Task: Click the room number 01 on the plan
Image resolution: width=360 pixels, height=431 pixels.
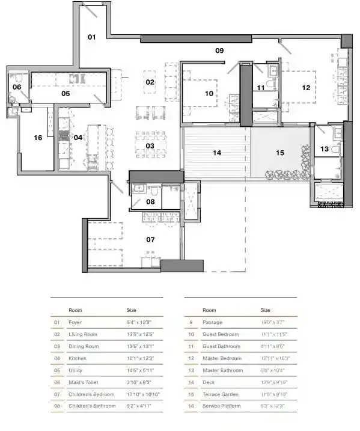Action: tap(92, 37)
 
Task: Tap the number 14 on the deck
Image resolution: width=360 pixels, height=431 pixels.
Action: tap(217, 153)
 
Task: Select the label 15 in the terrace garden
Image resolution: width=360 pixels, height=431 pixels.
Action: tap(279, 153)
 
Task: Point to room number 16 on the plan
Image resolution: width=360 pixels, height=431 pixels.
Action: tap(38, 138)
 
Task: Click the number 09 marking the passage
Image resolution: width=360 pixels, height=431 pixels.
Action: tap(220, 51)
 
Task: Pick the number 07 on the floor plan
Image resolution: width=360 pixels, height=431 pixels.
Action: tap(150, 240)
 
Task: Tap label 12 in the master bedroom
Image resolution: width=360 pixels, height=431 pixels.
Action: tap(306, 88)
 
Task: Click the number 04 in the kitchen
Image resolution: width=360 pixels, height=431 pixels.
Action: tap(78, 137)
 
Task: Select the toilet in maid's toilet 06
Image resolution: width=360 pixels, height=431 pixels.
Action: tap(19, 78)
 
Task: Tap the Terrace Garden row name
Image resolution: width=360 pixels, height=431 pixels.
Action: tap(221, 394)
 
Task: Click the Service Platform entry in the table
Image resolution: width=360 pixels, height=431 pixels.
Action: tap(222, 406)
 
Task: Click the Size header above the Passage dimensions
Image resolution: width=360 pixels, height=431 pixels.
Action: tap(265, 310)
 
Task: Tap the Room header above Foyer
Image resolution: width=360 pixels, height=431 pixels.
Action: tap(75, 310)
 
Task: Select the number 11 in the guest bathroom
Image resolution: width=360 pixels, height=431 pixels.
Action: tap(260, 88)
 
